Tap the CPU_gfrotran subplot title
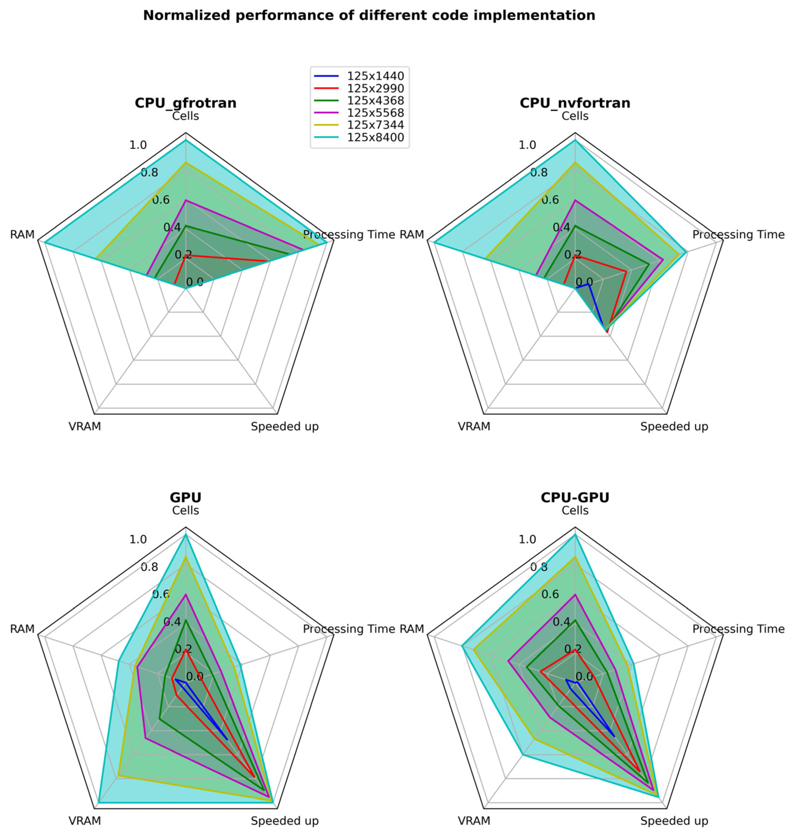click(185, 103)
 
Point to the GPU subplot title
click(185, 497)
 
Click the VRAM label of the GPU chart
click(85, 821)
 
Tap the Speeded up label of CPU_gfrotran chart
click(285, 426)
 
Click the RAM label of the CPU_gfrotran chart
click(22, 234)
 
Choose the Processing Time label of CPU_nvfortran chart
click(738, 234)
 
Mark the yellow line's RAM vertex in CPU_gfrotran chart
click(96, 258)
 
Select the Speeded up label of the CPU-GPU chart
click(674, 821)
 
